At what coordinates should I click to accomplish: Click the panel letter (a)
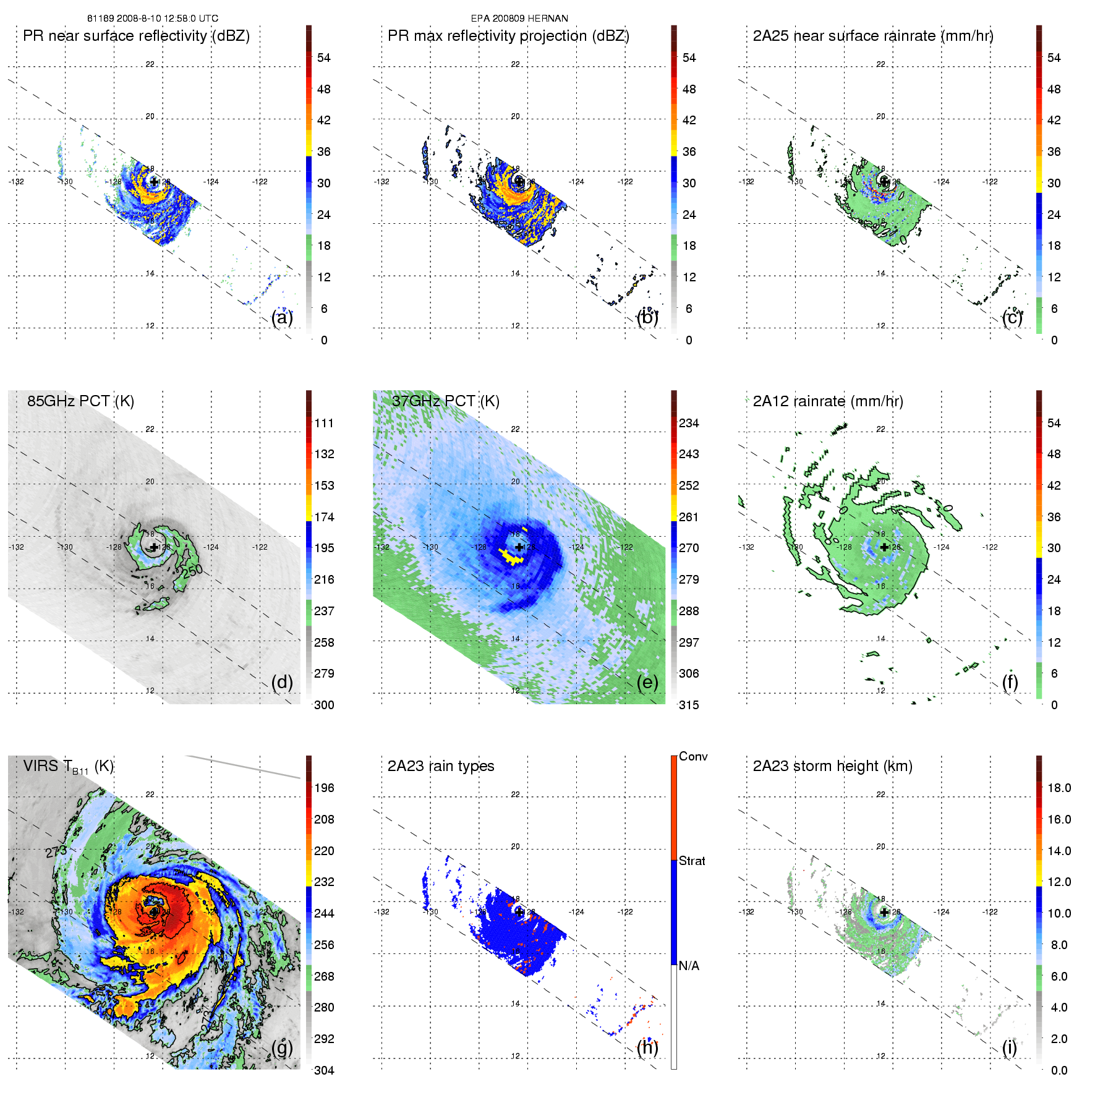pos(282,318)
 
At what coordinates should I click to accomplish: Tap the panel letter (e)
pos(647,683)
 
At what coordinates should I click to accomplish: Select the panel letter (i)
pos(1010,1048)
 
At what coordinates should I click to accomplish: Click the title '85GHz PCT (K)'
pos(80,401)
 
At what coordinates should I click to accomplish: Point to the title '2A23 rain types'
pos(441,766)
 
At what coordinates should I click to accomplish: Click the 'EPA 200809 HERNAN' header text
pos(519,19)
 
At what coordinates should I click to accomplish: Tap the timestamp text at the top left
pos(153,19)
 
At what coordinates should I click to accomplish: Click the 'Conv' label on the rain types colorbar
pos(693,756)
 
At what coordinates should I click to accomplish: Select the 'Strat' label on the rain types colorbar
pos(692,861)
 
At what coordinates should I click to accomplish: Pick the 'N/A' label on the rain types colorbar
pos(689,966)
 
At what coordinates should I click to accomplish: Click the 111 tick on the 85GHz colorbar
pos(324,423)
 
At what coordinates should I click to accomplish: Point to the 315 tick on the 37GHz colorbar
pos(689,705)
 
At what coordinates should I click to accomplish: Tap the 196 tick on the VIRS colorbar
pos(324,788)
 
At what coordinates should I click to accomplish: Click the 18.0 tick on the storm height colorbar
pos(1059,788)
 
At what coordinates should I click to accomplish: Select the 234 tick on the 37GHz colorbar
pos(689,423)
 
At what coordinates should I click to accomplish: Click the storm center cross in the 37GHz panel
pos(519,547)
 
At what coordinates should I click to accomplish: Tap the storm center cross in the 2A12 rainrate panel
pos(884,547)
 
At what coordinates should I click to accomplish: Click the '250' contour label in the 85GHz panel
pos(192,570)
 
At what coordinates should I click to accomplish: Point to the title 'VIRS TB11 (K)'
pos(68,767)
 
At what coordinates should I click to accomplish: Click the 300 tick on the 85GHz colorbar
pos(324,705)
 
